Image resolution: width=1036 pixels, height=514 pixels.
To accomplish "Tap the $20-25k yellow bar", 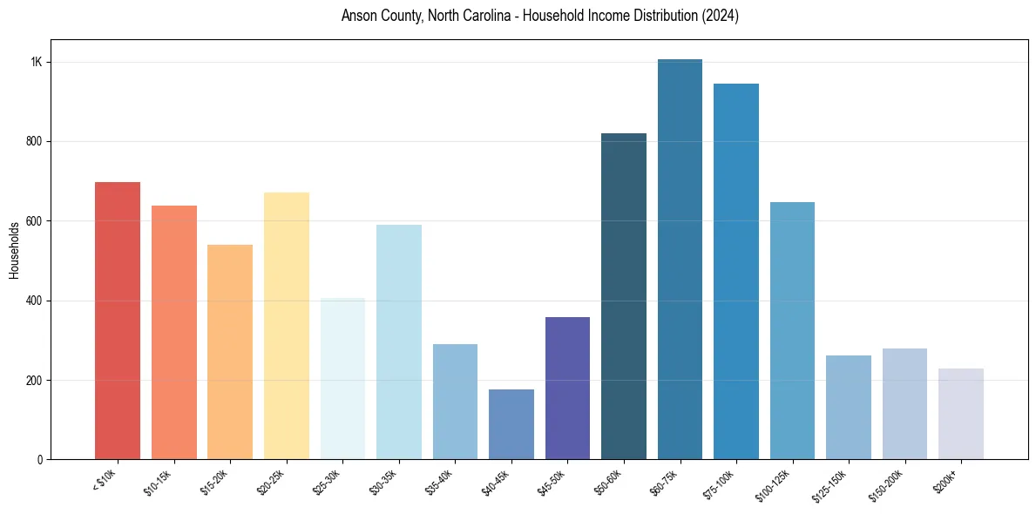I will pyautogui.click(x=287, y=326).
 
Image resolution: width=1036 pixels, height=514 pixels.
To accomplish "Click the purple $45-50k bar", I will pyautogui.click(x=567, y=388).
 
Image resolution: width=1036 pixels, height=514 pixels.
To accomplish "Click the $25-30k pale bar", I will pyautogui.click(x=342, y=379).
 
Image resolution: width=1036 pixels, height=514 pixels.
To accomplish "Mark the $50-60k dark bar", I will pyautogui.click(x=624, y=296).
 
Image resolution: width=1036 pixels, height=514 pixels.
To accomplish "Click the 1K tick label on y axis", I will pyautogui.click(x=37, y=63).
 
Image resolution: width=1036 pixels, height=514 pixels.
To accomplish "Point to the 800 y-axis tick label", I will pyautogui.click(x=35, y=142).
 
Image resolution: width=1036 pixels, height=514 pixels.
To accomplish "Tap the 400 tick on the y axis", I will pyautogui.click(x=35, y=301).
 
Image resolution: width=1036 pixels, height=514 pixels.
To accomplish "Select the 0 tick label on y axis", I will pyautogui.click(x=40, y=460).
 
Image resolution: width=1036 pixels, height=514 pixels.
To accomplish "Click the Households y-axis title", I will pyautogui.click(x=14, y=250).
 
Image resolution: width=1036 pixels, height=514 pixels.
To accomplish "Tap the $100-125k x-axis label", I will pyautogui.click(x=781, y=483).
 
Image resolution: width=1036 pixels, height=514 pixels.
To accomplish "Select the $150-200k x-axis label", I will pyautogui.click(x=893, y=483).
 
